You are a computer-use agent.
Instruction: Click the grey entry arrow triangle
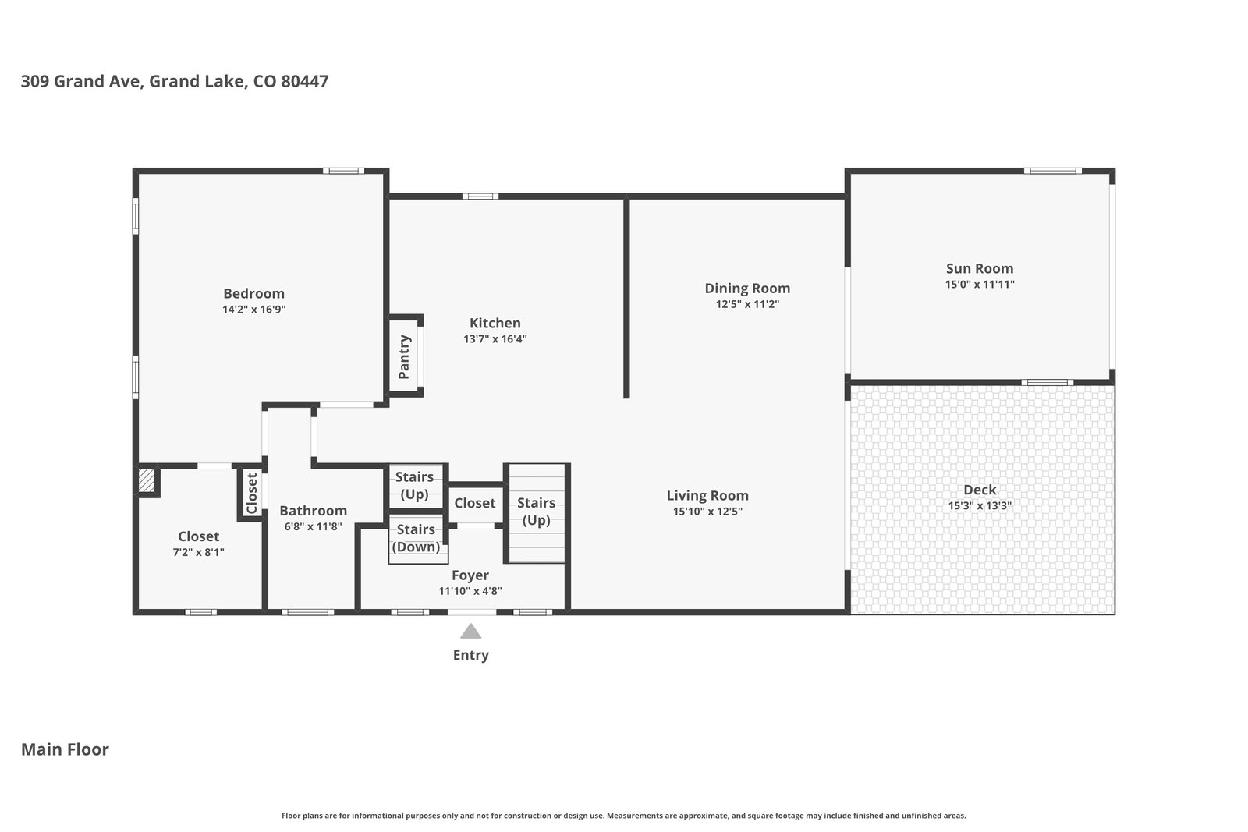pyautogui.click(x=471, y=631)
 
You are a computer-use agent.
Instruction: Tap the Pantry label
pyautogui.click(x=405, y=357)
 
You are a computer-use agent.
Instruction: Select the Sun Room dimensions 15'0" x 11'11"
pyautogui.click(x=980, y=284)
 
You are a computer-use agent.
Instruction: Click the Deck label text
pyautogui.click(x=980, y=490)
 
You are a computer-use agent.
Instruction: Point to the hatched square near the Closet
pyautogui.click(x=147, y=480)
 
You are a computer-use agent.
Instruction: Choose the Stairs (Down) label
pyautogui.click(x=416, y=538)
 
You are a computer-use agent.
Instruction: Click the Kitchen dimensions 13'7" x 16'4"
pyautogui.click(x=495, y=338)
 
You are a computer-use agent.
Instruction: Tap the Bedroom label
pyautogui.click(x=254, y=293)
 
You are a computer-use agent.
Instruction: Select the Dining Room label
pyautogui.click(x=747, y=289)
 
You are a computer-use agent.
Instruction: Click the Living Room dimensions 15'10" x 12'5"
pyautogui.click(x=707, y=512)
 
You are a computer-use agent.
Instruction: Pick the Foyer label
pyautogui.click(x=470, y=575)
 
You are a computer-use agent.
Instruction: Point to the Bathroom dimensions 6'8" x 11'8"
pyautogui.click(x=313, y=526)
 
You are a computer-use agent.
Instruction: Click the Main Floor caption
pyautogui.click(x=65, y=749)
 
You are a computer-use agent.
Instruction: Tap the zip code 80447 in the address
pyautogui.click(x=305, y=81)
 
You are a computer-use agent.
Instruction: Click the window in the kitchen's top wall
pyautogui.click(x=480, y=196)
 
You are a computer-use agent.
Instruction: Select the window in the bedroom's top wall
pyautogui.click(x=343, y=171)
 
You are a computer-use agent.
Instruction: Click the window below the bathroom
pyautogui.click(x=307, y=613)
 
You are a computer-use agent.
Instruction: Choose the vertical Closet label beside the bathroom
pyautogui.click(x=252, y=494)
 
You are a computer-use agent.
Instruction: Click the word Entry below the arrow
pyautogui.click(x=471, y=655)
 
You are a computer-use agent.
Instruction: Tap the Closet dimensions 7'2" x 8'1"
pyautogui.click(x=198, y=552)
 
